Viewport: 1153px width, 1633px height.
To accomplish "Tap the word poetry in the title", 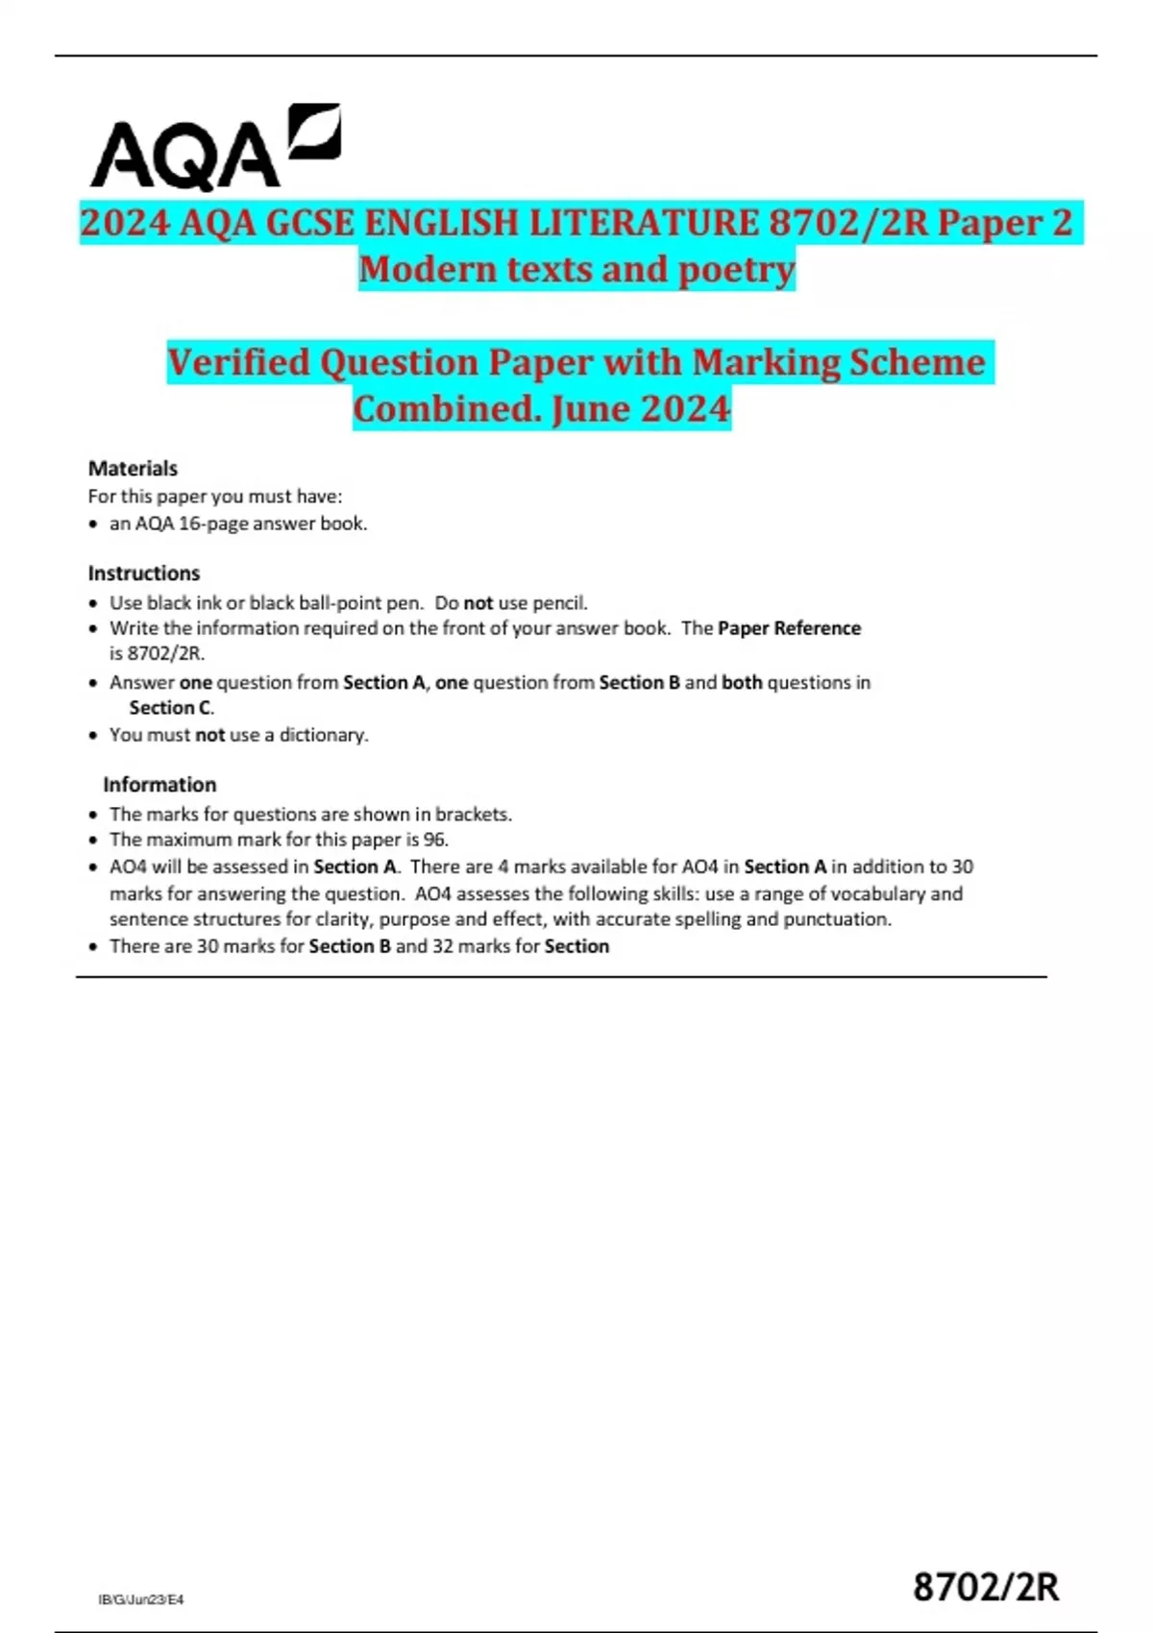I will [x=737, y=270].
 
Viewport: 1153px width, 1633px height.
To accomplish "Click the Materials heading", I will [x=133, y=469].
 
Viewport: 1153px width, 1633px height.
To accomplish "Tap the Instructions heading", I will [x=144, y=573].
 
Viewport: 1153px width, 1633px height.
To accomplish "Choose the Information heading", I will [x=159, y=785].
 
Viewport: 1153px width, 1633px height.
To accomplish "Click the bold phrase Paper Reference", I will [x=789, y=628].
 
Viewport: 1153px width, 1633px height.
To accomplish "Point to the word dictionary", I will [x=323, y=735].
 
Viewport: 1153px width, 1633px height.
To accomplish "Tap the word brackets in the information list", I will [x=473, y=815].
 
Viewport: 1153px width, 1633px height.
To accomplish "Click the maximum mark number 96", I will [x=435, y=840].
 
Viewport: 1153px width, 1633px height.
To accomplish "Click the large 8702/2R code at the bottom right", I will [x=986, y=1587].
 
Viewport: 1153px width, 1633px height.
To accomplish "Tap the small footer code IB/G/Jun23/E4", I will [x=141, y=1599].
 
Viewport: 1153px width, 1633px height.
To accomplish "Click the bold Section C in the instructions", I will [x=170, y=708].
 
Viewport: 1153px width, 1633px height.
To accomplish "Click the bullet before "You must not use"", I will [x=93, y=736].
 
